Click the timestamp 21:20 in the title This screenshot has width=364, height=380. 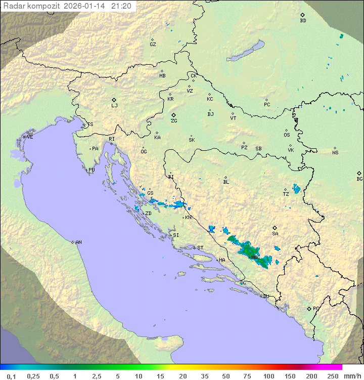click(121, 6)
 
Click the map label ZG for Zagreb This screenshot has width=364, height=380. click(174, 121)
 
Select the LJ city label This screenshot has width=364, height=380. click(114, 106)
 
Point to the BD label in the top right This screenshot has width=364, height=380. click(303, 21)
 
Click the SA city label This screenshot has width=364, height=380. click(275, 233)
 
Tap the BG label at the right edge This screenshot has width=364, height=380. click(359, 179)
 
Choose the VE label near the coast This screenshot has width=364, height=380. click(30, 137)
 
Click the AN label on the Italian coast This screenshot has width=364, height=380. click(78, 242)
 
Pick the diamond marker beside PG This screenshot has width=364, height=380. click(309, 308)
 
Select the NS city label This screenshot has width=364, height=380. click(335, 153)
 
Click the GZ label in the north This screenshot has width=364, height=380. click(153, 44)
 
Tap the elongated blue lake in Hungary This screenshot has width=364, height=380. click(245, 52)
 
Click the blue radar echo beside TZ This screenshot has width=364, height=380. click(296, 189)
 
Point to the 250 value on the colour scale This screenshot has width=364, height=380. click(333, 376)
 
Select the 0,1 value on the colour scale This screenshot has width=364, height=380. click(11, 376)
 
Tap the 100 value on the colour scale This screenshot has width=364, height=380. click(268, 376)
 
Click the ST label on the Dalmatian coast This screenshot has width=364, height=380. click(200, 248)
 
